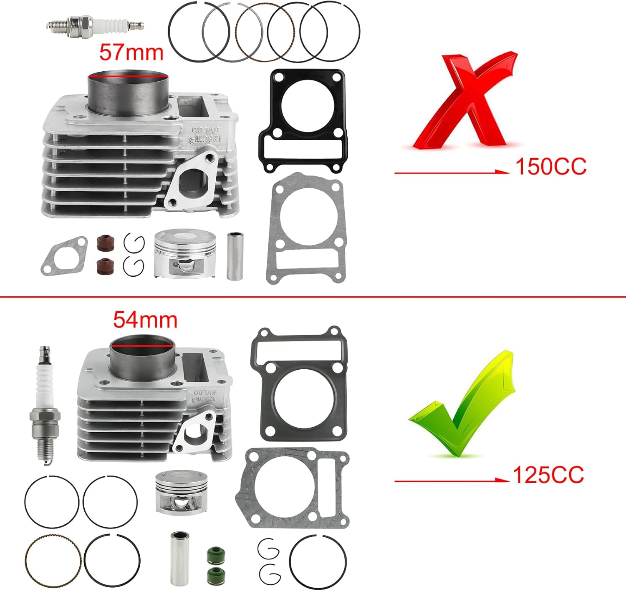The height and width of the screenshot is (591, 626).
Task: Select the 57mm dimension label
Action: [131, 53]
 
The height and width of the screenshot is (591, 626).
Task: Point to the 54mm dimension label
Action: [145, 320]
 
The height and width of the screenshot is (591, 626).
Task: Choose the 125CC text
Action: [548, 475]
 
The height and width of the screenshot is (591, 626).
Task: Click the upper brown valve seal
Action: [103, 243]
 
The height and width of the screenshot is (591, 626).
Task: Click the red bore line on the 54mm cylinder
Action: [142, 346]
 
